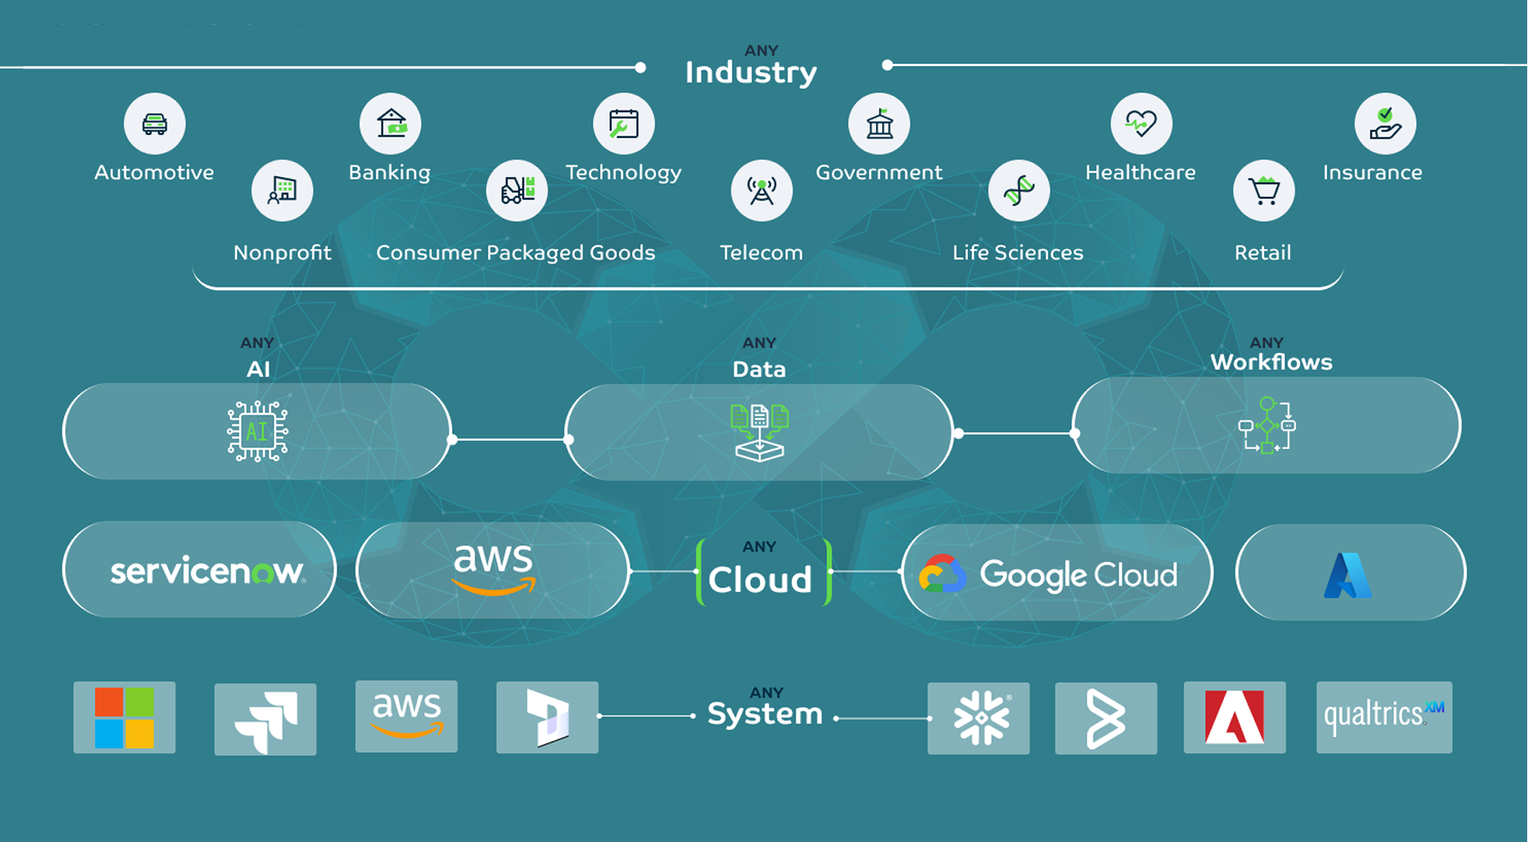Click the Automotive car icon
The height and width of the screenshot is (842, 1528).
click(154, 124)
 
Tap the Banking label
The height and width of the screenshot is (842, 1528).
click(389, 173)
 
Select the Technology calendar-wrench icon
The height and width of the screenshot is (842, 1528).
click(624, 124)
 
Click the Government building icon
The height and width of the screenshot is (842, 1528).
click(879, 124)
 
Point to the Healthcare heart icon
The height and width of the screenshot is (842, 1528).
click(1141, 124)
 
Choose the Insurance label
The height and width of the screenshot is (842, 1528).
click(1372, 173)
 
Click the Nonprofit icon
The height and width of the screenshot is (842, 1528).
click(282, 191)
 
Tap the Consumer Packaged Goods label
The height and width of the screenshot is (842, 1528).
click(515, 253)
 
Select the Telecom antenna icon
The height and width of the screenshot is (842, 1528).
click(761, 191)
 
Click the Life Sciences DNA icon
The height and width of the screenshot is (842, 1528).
click(1019, 191)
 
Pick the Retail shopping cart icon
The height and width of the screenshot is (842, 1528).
click(1263, 191)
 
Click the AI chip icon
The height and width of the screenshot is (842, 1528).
click(257, 431)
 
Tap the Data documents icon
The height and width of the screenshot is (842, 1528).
click(760, 431)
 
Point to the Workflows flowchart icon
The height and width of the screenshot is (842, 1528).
click(1267, 425)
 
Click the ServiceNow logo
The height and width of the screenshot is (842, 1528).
click(207, 571)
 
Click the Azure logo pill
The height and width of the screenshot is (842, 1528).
click(1350, 574)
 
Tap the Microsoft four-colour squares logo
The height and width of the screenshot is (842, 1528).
click(124, 718)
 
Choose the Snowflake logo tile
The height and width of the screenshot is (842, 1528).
click(978, 718)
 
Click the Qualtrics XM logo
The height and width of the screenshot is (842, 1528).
click(1384, 716)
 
